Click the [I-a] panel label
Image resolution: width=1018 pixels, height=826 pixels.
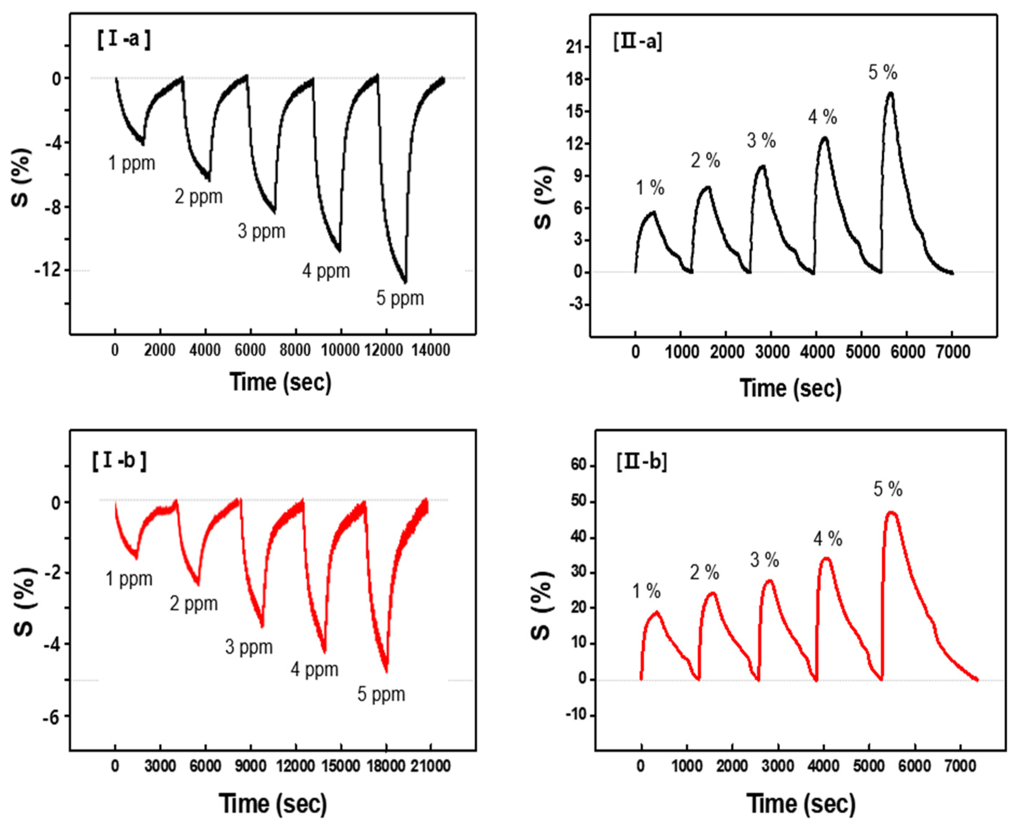pos(124,39)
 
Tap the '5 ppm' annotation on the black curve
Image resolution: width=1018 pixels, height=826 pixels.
pos(400,298)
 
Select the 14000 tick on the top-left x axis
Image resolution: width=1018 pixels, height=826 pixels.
pos(431,351)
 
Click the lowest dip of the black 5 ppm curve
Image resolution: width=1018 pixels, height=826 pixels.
pos(405,282)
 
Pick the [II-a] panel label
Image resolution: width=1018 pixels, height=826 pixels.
pos(638,42)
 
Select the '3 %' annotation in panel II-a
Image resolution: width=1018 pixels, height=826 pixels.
pos(761,141)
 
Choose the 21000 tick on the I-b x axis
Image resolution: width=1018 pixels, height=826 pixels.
pos(431,767)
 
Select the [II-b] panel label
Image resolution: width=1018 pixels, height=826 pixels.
pos(641,461)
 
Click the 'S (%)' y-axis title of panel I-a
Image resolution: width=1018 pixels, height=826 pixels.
pos(21,177)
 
